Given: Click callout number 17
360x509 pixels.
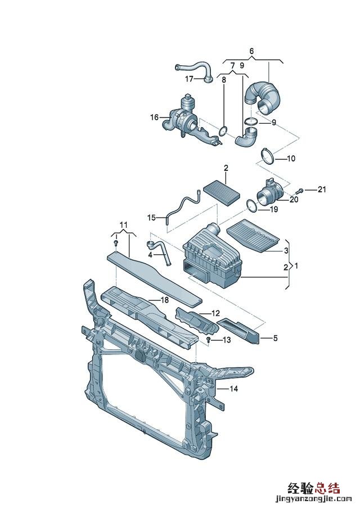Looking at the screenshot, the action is pos(189,79).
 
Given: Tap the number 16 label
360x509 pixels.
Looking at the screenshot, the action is pos(154,117).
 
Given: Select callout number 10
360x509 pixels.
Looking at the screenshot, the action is pos(291,159).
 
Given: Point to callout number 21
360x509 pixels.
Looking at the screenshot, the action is pos(321,189).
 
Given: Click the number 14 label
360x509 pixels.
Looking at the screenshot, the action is pos(234,388).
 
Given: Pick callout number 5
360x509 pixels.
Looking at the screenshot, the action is pos(275,338).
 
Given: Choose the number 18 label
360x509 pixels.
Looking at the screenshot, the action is pos(165,300).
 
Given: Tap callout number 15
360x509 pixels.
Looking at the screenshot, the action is pos(152,218).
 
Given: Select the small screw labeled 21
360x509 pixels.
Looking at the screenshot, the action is pos(300,190).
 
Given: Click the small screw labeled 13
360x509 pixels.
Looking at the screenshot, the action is pos(209,340).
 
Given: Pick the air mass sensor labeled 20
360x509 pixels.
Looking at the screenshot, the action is pos(271,193).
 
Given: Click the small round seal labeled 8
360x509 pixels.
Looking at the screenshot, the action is pos(223,132).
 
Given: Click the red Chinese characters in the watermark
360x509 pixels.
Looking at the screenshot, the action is pos(314,488).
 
